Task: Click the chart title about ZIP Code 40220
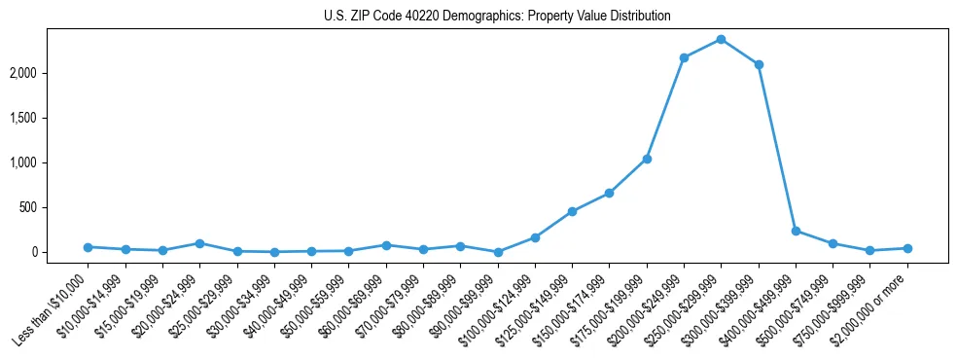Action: (x=497, y=17)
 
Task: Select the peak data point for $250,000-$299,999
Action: (x=721, y=39)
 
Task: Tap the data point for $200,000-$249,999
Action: (x=684, y=58)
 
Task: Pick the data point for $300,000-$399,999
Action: (x=759, y=64)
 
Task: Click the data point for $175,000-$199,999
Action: (x=647, y=159)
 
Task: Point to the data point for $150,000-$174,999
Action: (x=609, y=193)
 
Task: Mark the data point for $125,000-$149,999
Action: (x=572, y=211)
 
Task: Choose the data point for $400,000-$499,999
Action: (x=796, y=231)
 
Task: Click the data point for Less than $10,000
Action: (x=89, y=247)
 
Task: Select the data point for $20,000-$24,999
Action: (x=199, y=243)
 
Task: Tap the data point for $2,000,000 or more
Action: (x=907, y=248)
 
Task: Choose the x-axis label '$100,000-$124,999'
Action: (x=497, y=311)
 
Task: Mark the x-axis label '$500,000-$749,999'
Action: (x=797, y=311)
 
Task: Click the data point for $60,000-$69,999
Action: (x=386, y=245)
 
